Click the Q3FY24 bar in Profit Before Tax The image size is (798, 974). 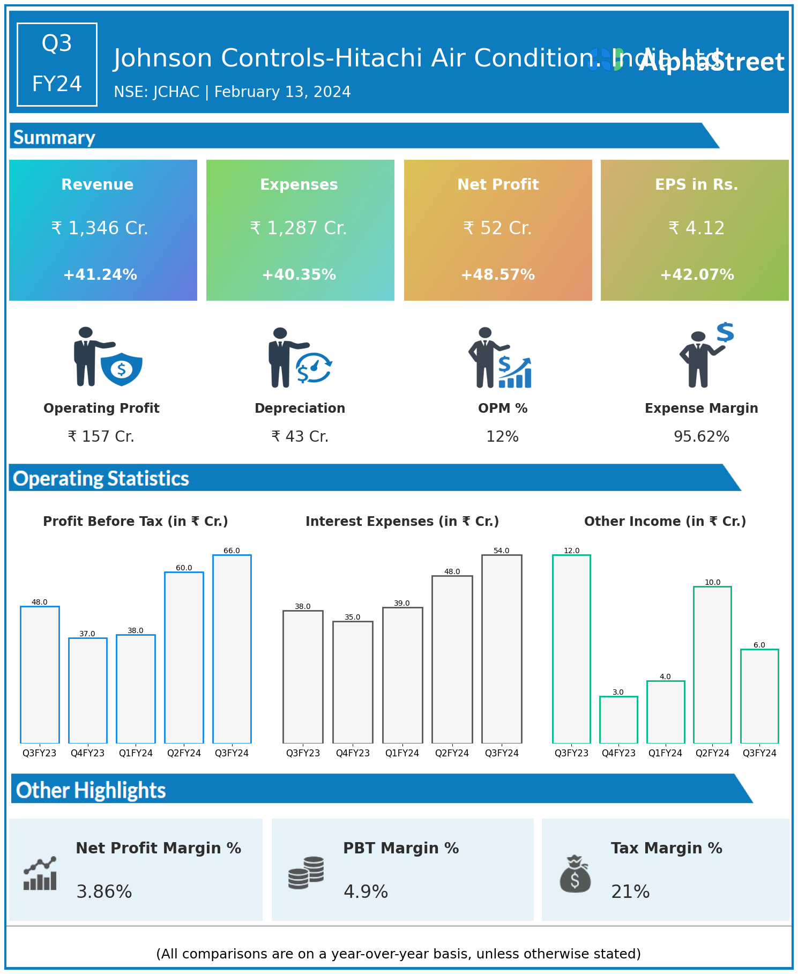(x=232, y=649)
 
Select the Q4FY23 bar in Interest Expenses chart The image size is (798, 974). (x=353, y=682)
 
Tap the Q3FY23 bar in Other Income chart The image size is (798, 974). (x=571, y=649)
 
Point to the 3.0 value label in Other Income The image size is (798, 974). (x=618, y=692)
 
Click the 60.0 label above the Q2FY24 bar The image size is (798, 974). (x=184, y=568)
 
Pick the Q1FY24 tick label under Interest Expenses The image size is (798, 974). (x=402, y=753)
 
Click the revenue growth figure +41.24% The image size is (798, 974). (x=100, y=275)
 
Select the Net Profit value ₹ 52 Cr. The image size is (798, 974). (x=497, y=228)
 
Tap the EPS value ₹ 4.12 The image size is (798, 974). (x=696, y=228)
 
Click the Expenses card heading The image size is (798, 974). (x=299, y=184)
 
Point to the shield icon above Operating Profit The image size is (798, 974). (x=122, y=369)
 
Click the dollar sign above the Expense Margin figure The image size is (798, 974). (x=725, y=332)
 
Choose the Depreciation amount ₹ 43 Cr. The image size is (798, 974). (x=300, y=436)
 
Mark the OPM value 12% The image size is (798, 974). (x=502, y=437)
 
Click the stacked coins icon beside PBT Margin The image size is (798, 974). (x=306, y=872)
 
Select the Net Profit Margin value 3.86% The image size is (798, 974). (x=104, y=891)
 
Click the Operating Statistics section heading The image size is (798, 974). (x=101, y=478)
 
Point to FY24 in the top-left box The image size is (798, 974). (x=57, y=84)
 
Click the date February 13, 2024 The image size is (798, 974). (x=282, y=92)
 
